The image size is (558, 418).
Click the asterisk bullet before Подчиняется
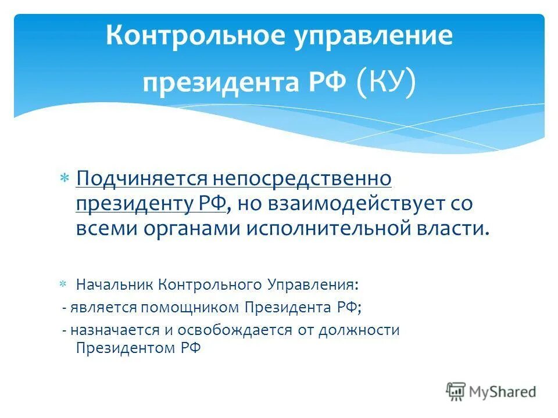tap(65, 177)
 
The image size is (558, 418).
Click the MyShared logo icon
tap(456, 392)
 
